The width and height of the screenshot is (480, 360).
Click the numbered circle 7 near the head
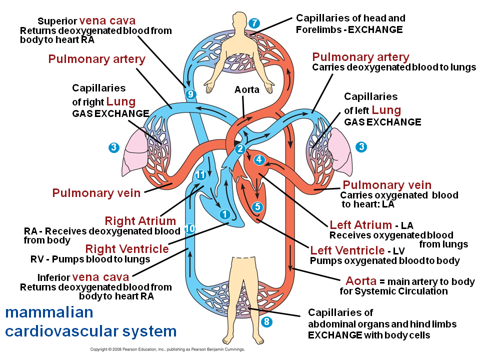click(x=254, y=23)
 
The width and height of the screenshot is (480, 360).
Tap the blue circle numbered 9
click(x=190, y=94)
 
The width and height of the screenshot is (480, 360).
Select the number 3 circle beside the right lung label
click(x=114, y=147)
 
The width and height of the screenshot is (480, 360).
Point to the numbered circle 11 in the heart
click(x=201, y=175)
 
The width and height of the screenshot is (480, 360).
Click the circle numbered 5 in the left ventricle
click(x=257, y=207)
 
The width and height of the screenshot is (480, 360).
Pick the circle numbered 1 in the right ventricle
click(x=225, y=214)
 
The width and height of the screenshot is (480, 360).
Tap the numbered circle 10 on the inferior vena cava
click(x=190, y=228)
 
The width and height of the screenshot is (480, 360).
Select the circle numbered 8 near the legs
click(x=266, y=321)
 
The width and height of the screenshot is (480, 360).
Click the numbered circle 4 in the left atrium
click(x=259, y=159)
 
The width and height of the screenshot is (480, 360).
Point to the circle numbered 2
click(x=240, y=149)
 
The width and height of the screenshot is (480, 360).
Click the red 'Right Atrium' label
click(x=140, y=220)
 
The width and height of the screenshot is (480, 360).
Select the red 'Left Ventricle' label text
click(x=347, y=250)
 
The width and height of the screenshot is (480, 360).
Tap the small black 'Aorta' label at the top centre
click(x=246, y=89)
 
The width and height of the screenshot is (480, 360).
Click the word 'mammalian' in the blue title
click(x=49, y=312)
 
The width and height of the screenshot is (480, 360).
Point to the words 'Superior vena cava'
click(x=86, y=21)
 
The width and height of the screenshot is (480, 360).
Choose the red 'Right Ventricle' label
click(x=127, y=249)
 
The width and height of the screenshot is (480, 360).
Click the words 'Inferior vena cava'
click(x=83, y=277)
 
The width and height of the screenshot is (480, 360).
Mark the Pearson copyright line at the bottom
click(x=167, y=349)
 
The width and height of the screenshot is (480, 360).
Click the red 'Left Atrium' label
click(x=360, y=225)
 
